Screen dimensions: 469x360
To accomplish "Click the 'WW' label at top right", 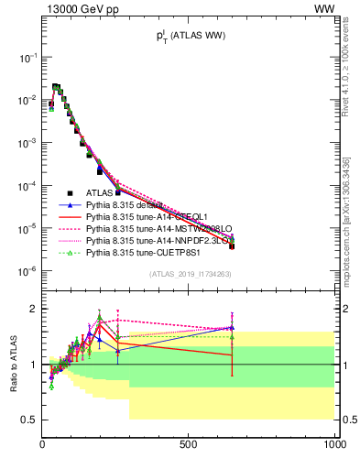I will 326,8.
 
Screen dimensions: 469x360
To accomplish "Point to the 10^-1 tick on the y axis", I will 27,57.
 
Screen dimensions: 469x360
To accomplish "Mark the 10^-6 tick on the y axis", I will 27,271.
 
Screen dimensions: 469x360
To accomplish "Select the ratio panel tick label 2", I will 33,309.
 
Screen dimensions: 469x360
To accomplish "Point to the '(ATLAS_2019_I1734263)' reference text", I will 189,275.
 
